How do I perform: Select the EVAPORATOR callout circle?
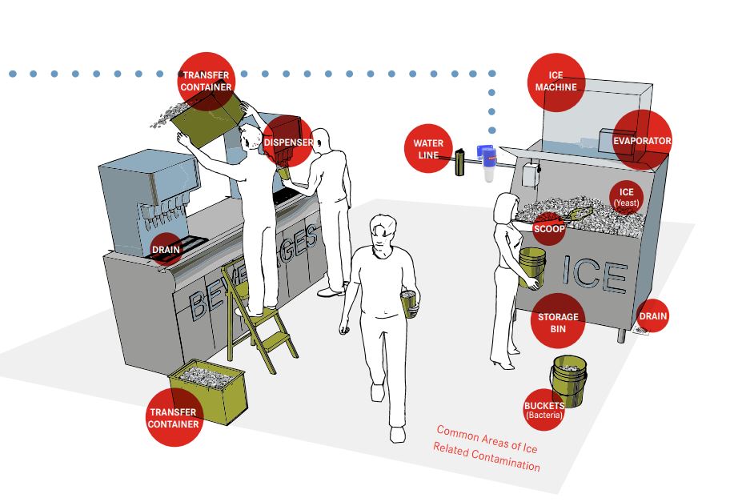[641, 141]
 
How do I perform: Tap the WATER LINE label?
[429, 149]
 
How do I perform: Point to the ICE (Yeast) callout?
[626, 197]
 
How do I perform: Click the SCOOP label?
[549, 229]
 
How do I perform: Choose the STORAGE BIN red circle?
[556, 323]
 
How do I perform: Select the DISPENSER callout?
[288, 143]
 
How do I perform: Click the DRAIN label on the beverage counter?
[166, 249]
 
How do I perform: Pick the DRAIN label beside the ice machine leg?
[652, 316]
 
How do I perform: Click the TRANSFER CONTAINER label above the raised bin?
[206, 80]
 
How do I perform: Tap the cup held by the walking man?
[410, 304]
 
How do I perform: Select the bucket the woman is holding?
[531, 266]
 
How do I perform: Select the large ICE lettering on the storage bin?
[594, 275]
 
